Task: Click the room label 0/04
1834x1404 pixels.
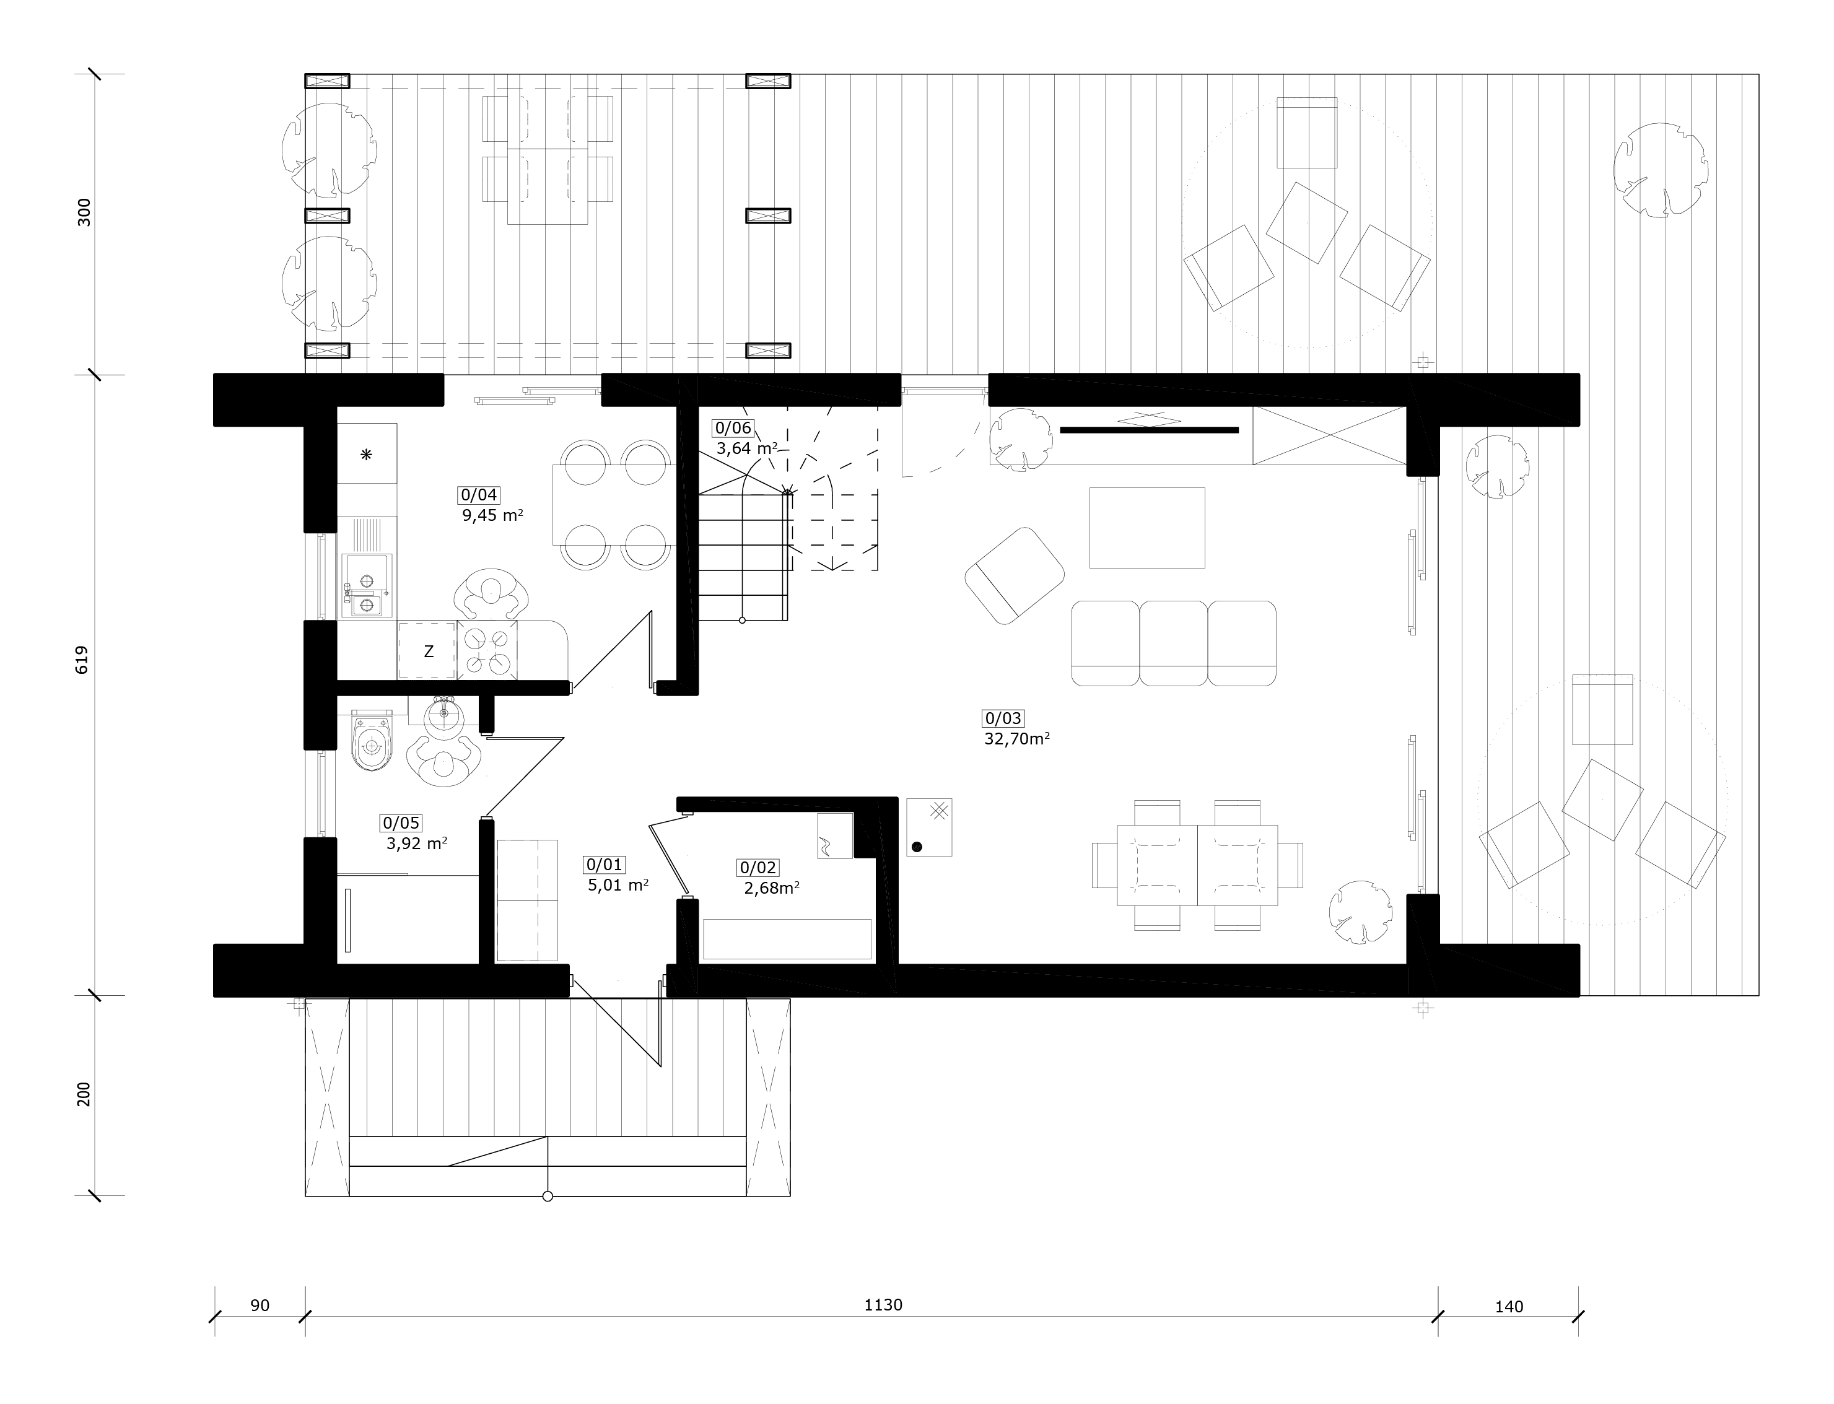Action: pyautogui.click(x=479, y=495)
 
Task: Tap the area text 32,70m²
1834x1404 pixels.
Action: pyautogui.click(x=1016, y=739)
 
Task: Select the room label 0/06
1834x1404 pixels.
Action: pyautogui.click(x=733, y=429)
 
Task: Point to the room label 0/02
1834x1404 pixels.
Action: pyautogui.click(x=758, y=868)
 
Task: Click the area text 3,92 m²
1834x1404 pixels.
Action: pyautogui.click(x=416, y=844)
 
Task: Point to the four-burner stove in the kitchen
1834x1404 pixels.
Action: pyautogui.click(x=487, y=649)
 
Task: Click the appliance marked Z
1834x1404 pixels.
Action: pyautogui.click(x=428, y=649)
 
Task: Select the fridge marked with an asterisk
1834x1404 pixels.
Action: pyautogui.click(x=367, y=454)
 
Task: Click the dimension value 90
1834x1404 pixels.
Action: pyautogui.click(x=260, y=1306)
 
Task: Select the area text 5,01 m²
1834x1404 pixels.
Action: pyautogui.click(x=618, y=885)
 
